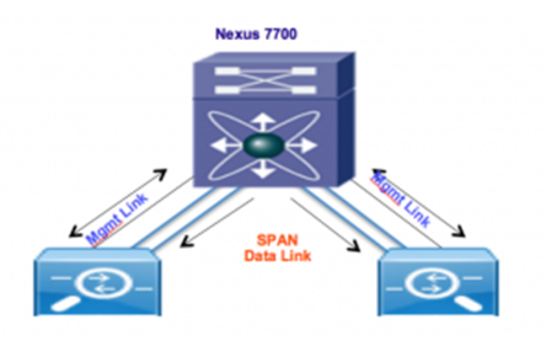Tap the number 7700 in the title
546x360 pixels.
[280, 34]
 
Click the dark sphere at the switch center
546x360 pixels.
[264, 146]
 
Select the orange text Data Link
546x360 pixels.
[277, 256]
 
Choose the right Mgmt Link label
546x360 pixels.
[403, 198]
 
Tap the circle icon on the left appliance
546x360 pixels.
[98, 281]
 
